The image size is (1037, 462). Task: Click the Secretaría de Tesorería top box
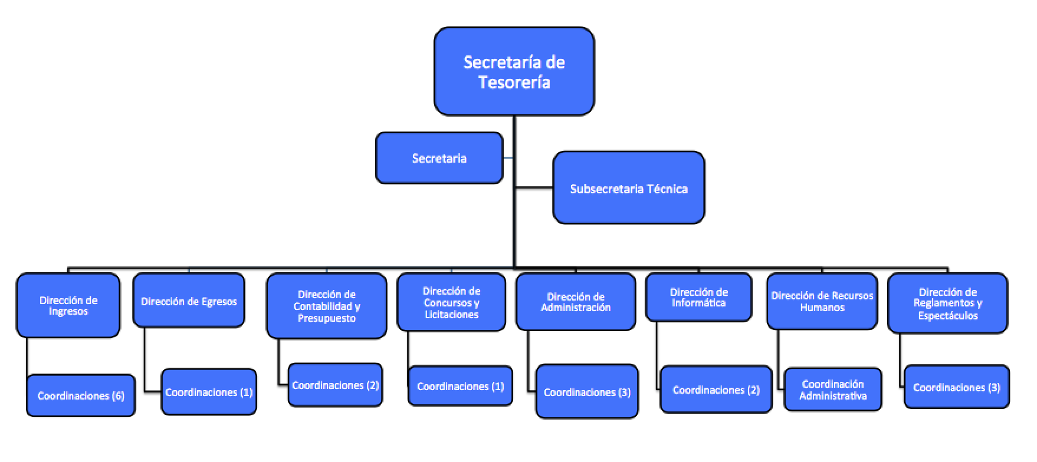514,71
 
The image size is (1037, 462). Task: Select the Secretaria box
439,158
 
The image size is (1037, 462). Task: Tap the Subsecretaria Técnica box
629,189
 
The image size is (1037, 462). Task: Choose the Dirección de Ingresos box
68,305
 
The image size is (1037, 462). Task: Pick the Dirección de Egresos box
189,301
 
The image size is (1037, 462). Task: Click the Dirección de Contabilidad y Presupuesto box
326,306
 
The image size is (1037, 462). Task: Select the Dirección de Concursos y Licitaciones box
451,302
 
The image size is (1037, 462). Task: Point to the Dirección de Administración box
576,302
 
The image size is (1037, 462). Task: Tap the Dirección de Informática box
698,298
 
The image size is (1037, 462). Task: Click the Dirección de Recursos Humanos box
822,301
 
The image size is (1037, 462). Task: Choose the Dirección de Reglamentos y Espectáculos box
947,303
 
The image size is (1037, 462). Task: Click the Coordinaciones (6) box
81,395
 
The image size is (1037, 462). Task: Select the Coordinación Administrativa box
833,390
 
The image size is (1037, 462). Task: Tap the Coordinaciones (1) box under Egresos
209,392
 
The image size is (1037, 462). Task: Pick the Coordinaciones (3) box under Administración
587,392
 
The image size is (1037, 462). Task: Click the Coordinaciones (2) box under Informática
716,390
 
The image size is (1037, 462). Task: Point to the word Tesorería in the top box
514,82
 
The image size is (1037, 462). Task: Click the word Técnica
667,189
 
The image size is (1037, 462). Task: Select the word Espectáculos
948,316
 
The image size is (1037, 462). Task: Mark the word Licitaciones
451,315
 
